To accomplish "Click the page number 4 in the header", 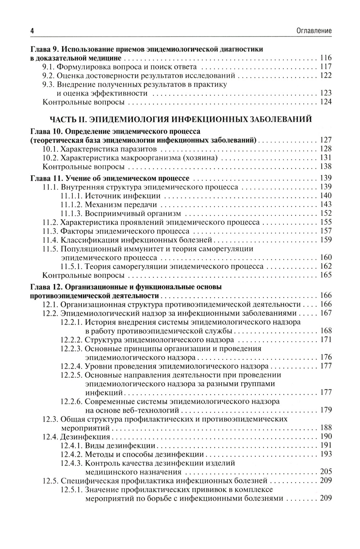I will point(32,31).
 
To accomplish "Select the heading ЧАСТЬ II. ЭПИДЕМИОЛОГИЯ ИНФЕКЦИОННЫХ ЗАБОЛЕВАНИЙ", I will point(180,120).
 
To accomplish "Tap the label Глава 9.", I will point(41,49).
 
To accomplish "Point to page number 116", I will point(325,58).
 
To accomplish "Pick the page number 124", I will point(325,102).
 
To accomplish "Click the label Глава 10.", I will point(43,131).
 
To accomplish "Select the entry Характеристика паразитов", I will point(109,149).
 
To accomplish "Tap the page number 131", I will point(325,158).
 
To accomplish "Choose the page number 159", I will point(325,240).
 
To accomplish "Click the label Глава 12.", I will point(43,287).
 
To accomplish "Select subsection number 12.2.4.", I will point(72,366).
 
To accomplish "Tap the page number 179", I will point(325,410).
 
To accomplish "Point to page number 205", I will point(325,472).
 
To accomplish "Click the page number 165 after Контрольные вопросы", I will point(325,275).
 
